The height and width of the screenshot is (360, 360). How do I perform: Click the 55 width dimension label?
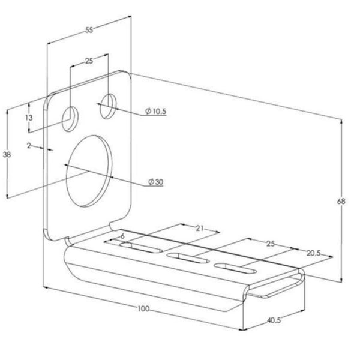(89, 30)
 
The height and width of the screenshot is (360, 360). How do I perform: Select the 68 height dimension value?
(341, 202)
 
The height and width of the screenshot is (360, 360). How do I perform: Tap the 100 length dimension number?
(143, 308)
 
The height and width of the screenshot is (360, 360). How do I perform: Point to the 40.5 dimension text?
(274, 320)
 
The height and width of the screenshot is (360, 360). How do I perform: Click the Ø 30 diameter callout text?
(155, 182)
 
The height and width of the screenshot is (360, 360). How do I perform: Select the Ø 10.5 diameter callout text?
(155, 112)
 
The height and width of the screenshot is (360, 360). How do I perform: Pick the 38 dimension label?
(7, 155)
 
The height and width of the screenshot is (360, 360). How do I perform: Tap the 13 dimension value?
(29, 118)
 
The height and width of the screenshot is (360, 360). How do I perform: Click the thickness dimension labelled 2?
(29, 145)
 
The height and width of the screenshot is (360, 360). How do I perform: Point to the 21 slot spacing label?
(200, 228)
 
